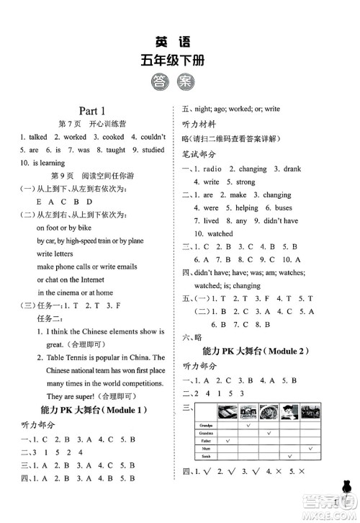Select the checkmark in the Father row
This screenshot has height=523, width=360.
pos(228,441)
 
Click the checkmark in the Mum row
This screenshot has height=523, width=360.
pos(309,448)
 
